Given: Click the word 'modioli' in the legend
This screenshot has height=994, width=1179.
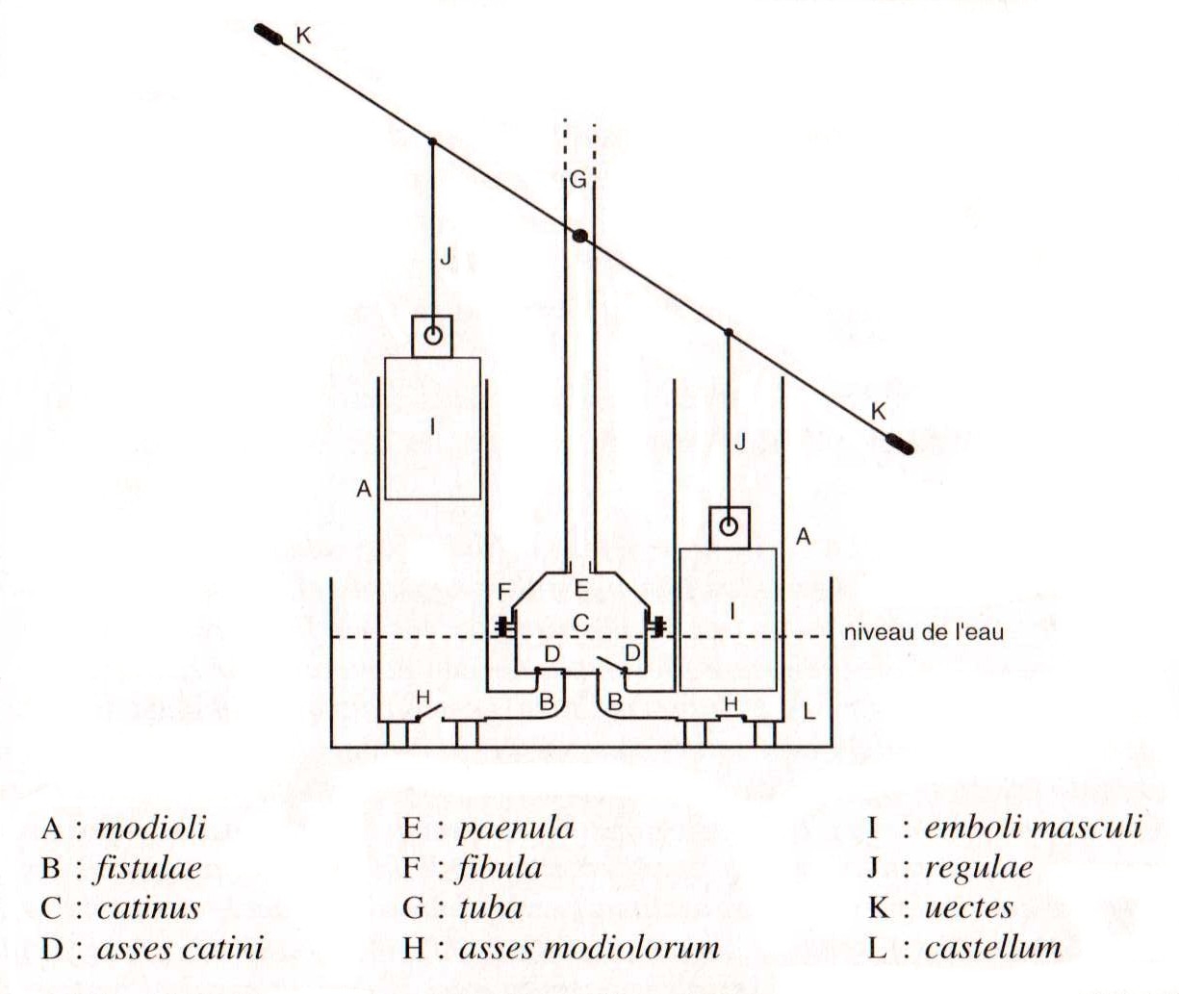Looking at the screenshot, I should coord(151,828).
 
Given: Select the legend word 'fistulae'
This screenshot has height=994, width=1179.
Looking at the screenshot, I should coord(148,868).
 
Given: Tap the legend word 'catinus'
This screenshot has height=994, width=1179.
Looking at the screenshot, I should coord(148,908).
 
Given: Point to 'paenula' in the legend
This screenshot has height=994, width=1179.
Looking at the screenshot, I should coord(515,828).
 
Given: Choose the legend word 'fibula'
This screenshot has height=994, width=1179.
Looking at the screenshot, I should coord(500,868).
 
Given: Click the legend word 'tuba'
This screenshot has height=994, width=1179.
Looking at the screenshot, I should coord(491,908).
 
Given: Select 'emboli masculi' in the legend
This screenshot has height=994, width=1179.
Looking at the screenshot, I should coord(1033,828).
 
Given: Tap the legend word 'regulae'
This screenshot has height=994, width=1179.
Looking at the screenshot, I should coord(979,868).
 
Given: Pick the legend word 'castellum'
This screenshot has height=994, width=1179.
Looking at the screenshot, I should coord(993,948).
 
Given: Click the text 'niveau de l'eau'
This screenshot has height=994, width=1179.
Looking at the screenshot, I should coord(923,632).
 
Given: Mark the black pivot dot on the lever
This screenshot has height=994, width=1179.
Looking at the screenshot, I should coord(579,236).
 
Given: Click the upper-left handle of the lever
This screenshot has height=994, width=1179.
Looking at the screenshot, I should coord(269,35).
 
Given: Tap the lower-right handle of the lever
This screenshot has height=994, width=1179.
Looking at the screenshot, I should coord(899,443).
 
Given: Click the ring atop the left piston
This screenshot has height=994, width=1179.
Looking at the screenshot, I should coord(433,336).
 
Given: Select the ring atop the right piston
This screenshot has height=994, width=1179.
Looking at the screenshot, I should coord(730,526).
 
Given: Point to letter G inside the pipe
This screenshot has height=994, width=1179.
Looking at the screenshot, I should coord(577,180).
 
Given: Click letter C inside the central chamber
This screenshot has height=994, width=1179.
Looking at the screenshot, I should coord(580,624).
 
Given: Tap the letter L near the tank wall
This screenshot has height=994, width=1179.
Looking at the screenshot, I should coord(809,711).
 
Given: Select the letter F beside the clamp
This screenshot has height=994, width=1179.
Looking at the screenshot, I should coord(503,591).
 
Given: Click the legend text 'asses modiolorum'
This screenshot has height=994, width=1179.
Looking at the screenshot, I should coord(589,948).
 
